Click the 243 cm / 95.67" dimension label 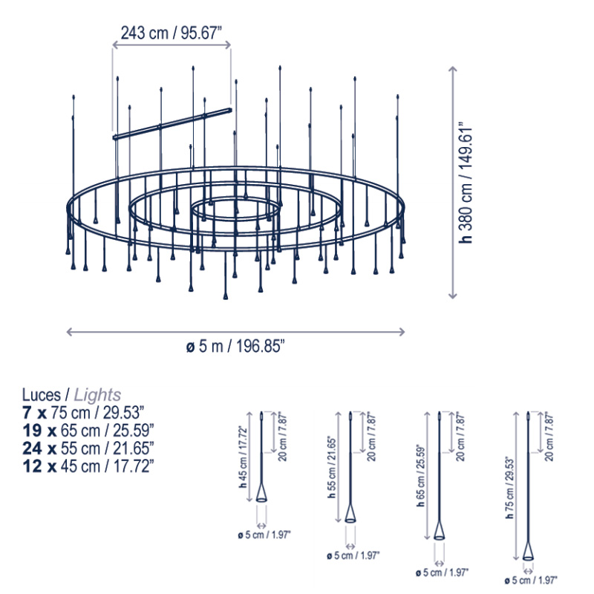pyautogui.click(x=171, y=33)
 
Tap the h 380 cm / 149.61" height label pyautogui.click(x=466, y=183)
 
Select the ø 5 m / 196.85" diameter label pyautogui.click(x=235, y=346)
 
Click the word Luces pyautogui.click(x=42, y=395)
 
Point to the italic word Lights pyautogui.click(x=97, y=395)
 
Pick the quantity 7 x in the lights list pyautogui.click(x=34, y=413)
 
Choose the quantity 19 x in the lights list pyautogui.click(x=39, y=431)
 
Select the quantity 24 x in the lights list pyautogui.click(x=39, y=448)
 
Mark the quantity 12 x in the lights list pyautogui.click(x=39, y=466)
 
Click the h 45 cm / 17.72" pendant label pyautogui.click(x=243, y=457)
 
